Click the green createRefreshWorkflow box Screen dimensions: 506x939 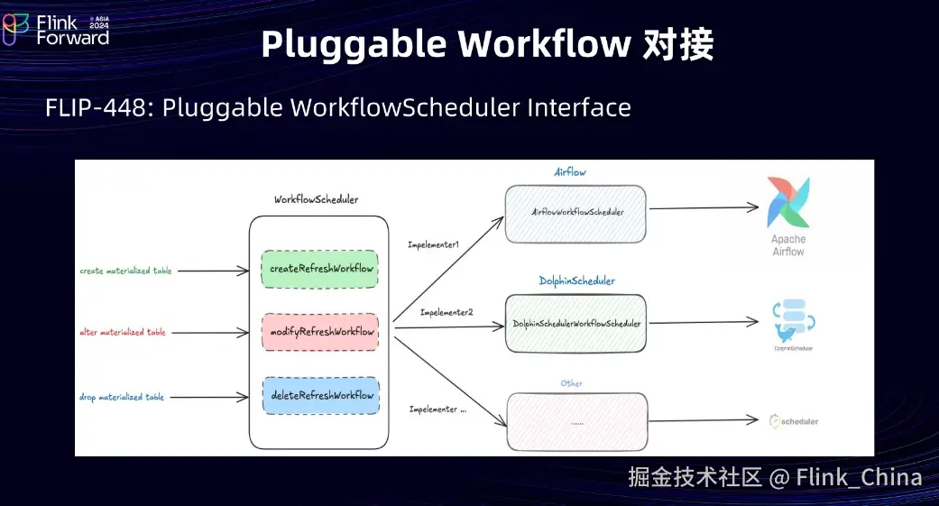tap(319, 269)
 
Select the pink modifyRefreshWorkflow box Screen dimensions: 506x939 tap(320, 332)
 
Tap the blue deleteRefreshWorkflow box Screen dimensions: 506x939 tap(320, 395)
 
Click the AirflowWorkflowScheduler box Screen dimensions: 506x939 tap(575, 213)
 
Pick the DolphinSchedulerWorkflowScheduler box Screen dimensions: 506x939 tap(575, 323)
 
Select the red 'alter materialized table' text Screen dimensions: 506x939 tap(123, 333)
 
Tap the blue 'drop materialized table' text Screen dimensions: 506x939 tap(122, 397)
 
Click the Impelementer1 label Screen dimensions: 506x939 tap(433, 244)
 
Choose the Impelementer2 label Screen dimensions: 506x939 tap(447, 313)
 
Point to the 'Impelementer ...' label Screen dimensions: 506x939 tap(438, 409)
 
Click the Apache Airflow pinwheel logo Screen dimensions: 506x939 tap(787, 203)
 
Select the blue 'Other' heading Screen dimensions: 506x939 tap(571, 383)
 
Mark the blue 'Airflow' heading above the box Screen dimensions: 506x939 tap(571, 171)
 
